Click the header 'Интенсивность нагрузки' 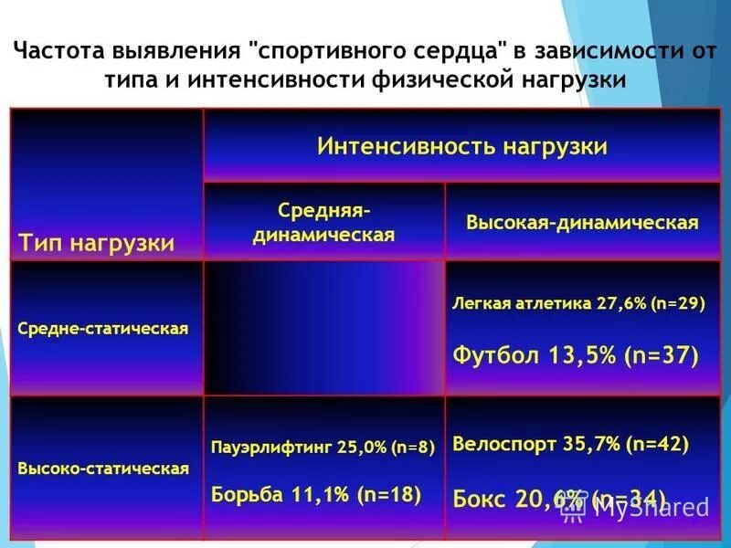(x=461, y=147)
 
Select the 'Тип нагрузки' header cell (x=96, y=244)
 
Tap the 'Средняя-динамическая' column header (x=323, y=223)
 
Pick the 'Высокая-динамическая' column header (x=582, y=223)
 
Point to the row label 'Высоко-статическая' (x=103, y=469)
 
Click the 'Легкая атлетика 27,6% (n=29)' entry (x=578, y=304)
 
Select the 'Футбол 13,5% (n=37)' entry (x=576, y=354)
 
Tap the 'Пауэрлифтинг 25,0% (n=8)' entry (x=323, y=448)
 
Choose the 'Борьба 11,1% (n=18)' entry (x=316, y=494)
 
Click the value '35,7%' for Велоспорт (x=590, y=444)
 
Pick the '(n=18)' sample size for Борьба (x=388, y=494)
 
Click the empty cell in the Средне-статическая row (x=323, y=328)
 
